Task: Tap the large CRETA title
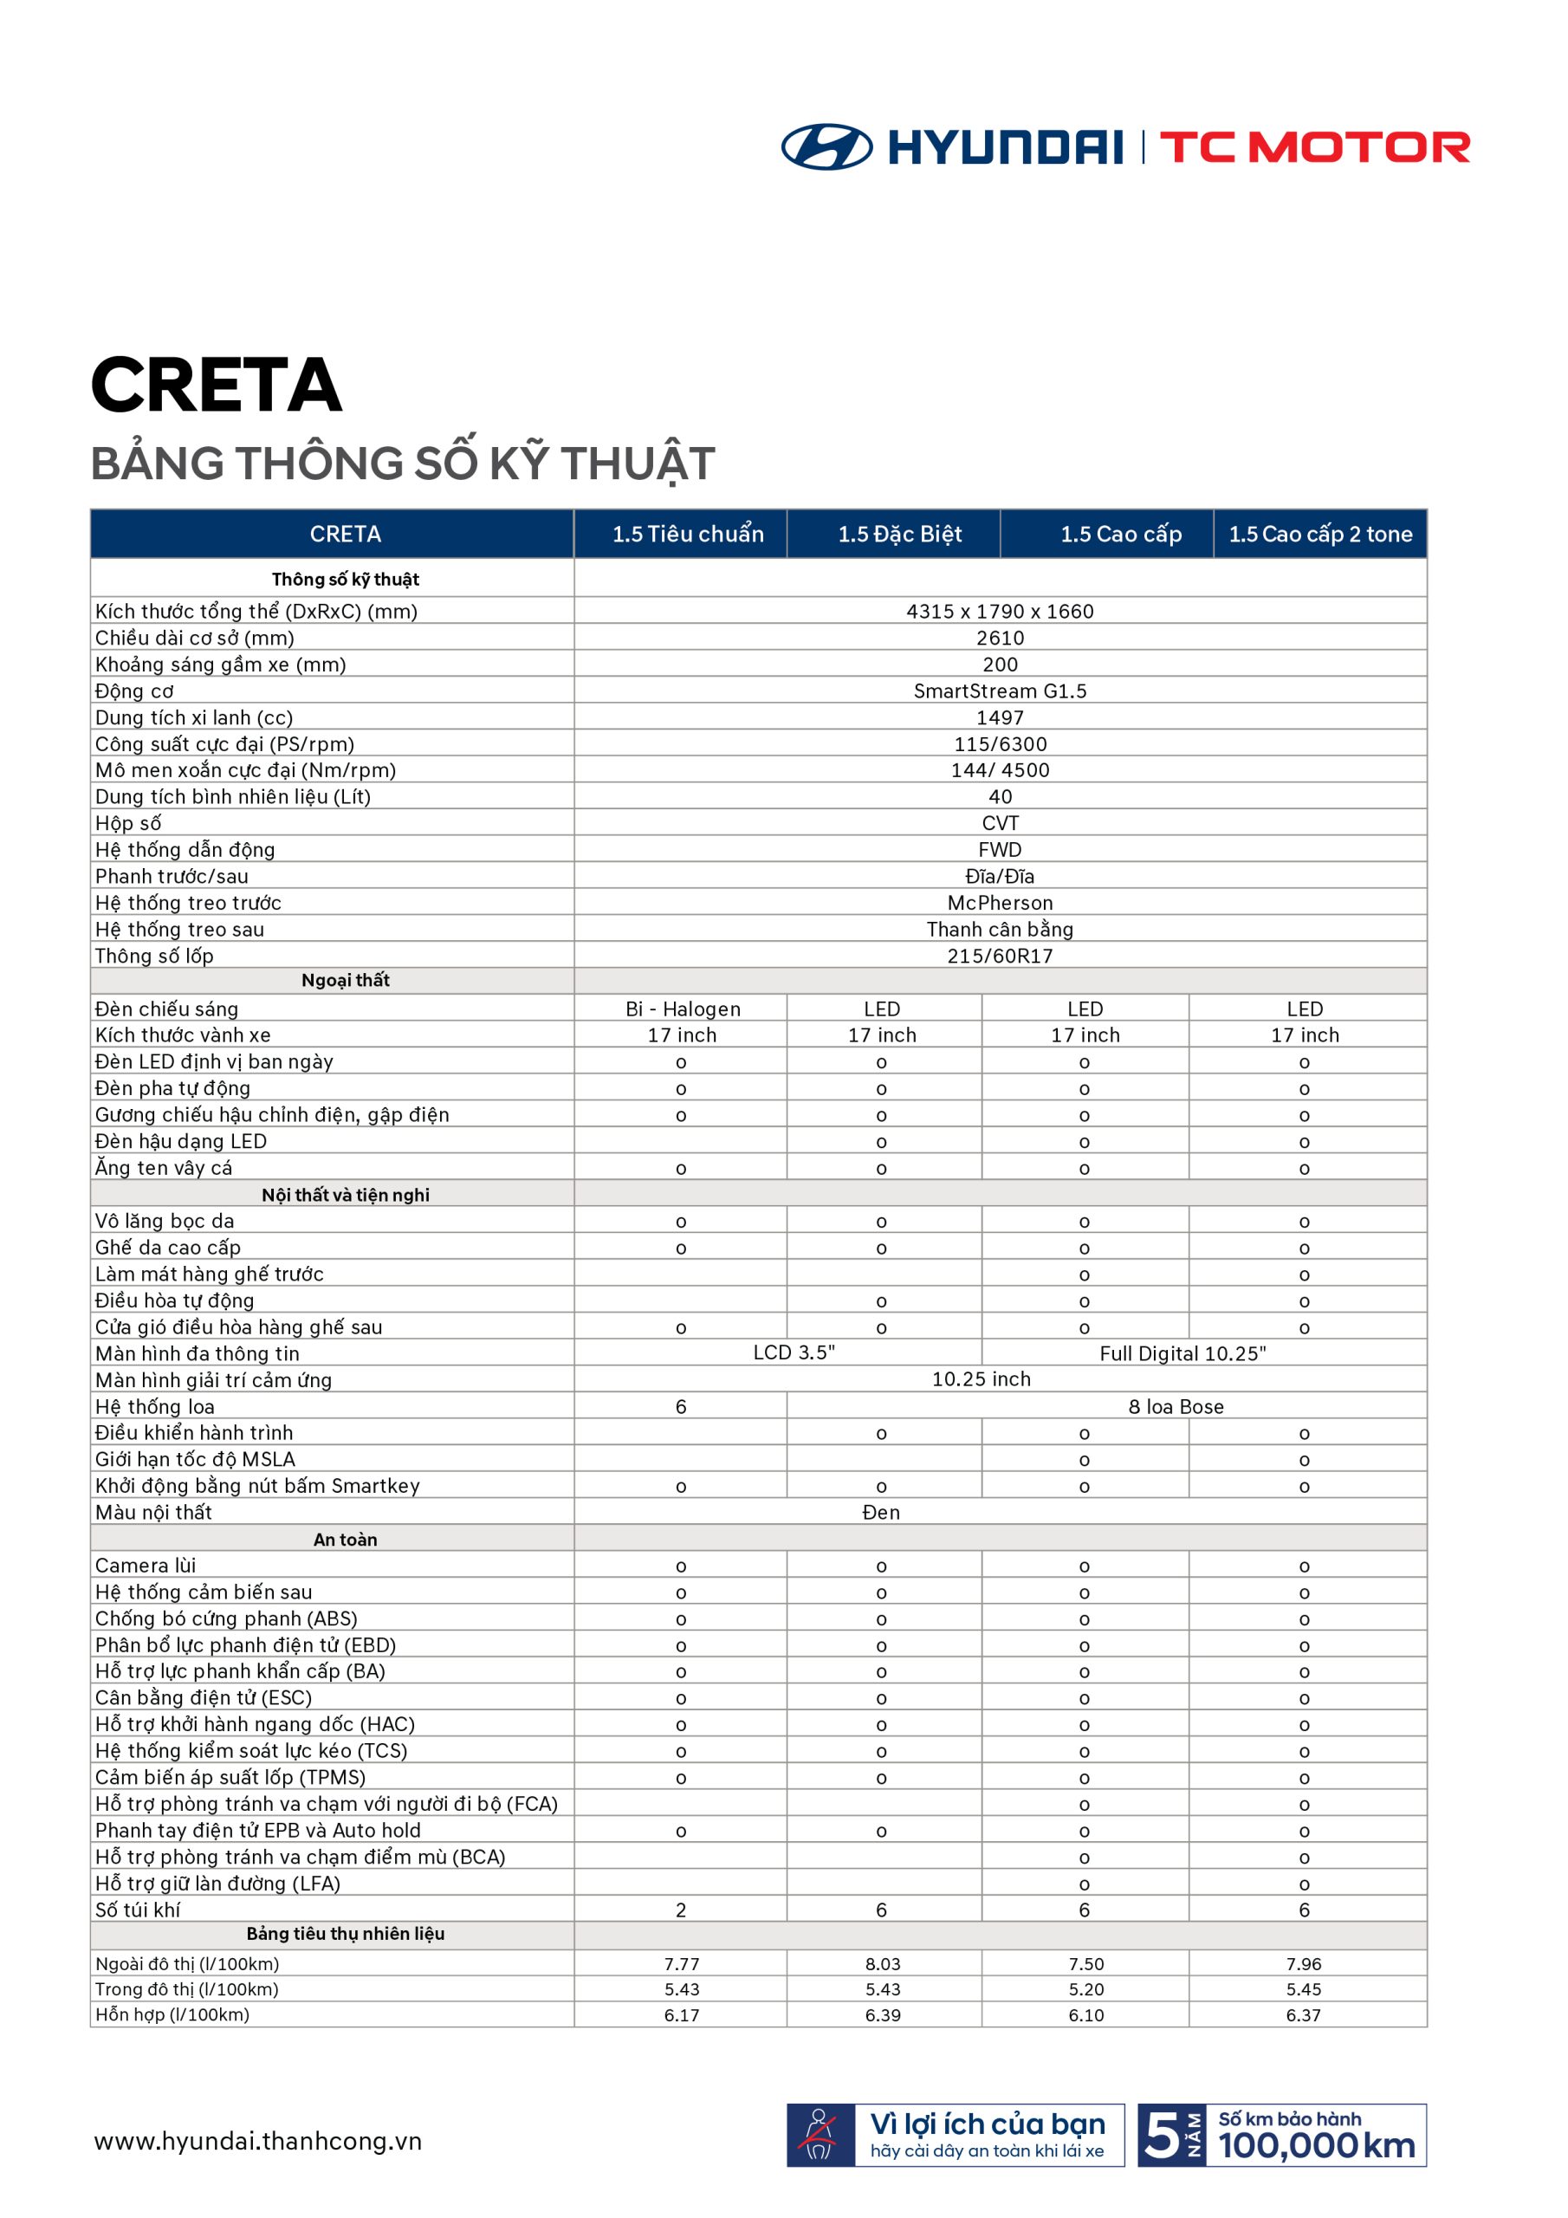coord(217,386)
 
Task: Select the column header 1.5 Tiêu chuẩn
coord(687,535)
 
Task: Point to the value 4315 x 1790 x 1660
coord(1000,612)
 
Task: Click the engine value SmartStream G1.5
coord(1000,691)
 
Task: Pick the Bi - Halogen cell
coord(682,1008)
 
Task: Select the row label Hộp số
coord(127,823)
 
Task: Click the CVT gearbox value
coord(1000,823)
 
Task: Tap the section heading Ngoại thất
coord(345,981)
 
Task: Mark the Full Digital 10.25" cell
coord(1182,1353)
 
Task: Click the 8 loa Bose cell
coord(1175,1406)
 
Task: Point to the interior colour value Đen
coord(880,1512)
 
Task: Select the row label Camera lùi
coord(145,1565)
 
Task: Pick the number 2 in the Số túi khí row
coord(681,1910)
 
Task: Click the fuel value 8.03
coord(882,1964)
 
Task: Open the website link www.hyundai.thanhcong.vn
coord(258,2142)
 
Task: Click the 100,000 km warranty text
coord(1316,2145)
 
